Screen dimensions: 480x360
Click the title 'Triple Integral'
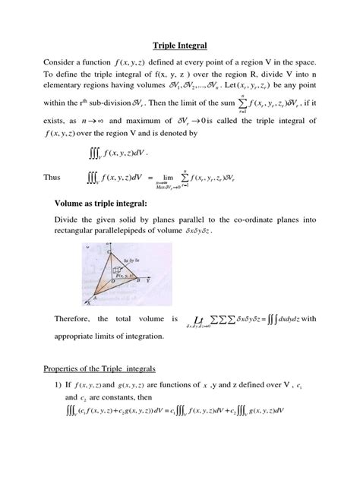click(179, 45)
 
